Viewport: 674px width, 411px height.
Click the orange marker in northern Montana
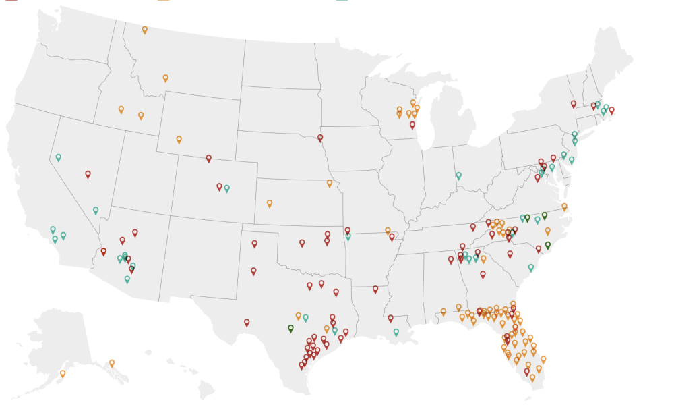[145, 30]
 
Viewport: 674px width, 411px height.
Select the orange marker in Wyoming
[179, 140]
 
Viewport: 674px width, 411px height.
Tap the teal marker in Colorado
[226, 188]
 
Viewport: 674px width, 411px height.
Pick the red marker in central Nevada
[88, 174]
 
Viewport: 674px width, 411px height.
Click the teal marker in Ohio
[458, 175]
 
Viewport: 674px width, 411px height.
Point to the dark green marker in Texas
[290, 329]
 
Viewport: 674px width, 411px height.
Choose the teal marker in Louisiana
[396, 332]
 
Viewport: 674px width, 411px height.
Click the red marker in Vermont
[574, 104]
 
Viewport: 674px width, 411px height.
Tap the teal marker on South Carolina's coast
[530, 267]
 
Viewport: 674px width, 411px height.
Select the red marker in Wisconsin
[412, 125]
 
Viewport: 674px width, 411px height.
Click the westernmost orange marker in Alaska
[63, 373]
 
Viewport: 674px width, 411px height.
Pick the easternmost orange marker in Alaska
[112, 363]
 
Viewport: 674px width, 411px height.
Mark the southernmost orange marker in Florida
[532, 378]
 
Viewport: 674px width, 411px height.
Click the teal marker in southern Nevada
[96, 210]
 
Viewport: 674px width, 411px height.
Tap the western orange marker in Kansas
[269, 203]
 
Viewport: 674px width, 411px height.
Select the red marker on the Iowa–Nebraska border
[320, 138]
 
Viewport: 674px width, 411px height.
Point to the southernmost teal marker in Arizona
[127, 279]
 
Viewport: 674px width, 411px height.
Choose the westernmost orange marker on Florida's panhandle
[443, 312]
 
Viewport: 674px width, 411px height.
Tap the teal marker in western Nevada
[58, 157]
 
